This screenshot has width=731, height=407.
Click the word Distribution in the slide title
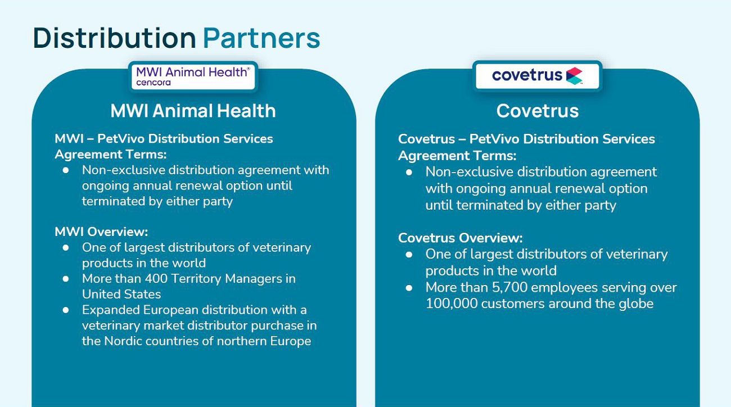tap(114, 38)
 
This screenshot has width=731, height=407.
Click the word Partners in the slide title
tap(261, 38)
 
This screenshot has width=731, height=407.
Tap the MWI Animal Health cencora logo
tap(193, 76)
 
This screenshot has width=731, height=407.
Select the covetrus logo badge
tap(537, 76)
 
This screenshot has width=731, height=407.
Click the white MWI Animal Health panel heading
tap(193, 111)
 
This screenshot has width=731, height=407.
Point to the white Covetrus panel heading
tap(538, 111)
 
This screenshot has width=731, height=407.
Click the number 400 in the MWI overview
tap(156, 279)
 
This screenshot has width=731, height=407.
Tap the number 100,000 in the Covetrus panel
tap(452, 304)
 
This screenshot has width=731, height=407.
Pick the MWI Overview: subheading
tap(101, 232)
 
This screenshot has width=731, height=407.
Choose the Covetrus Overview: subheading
tap(460, 238)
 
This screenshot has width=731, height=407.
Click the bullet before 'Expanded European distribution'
tap(66, 310)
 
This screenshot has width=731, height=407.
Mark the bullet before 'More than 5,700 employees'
tap(409, 288)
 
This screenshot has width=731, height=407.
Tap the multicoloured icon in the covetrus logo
tap(574, 76)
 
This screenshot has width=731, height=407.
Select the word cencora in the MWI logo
tap(154, 83)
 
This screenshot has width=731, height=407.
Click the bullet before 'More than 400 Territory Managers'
tap(66, 279)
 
